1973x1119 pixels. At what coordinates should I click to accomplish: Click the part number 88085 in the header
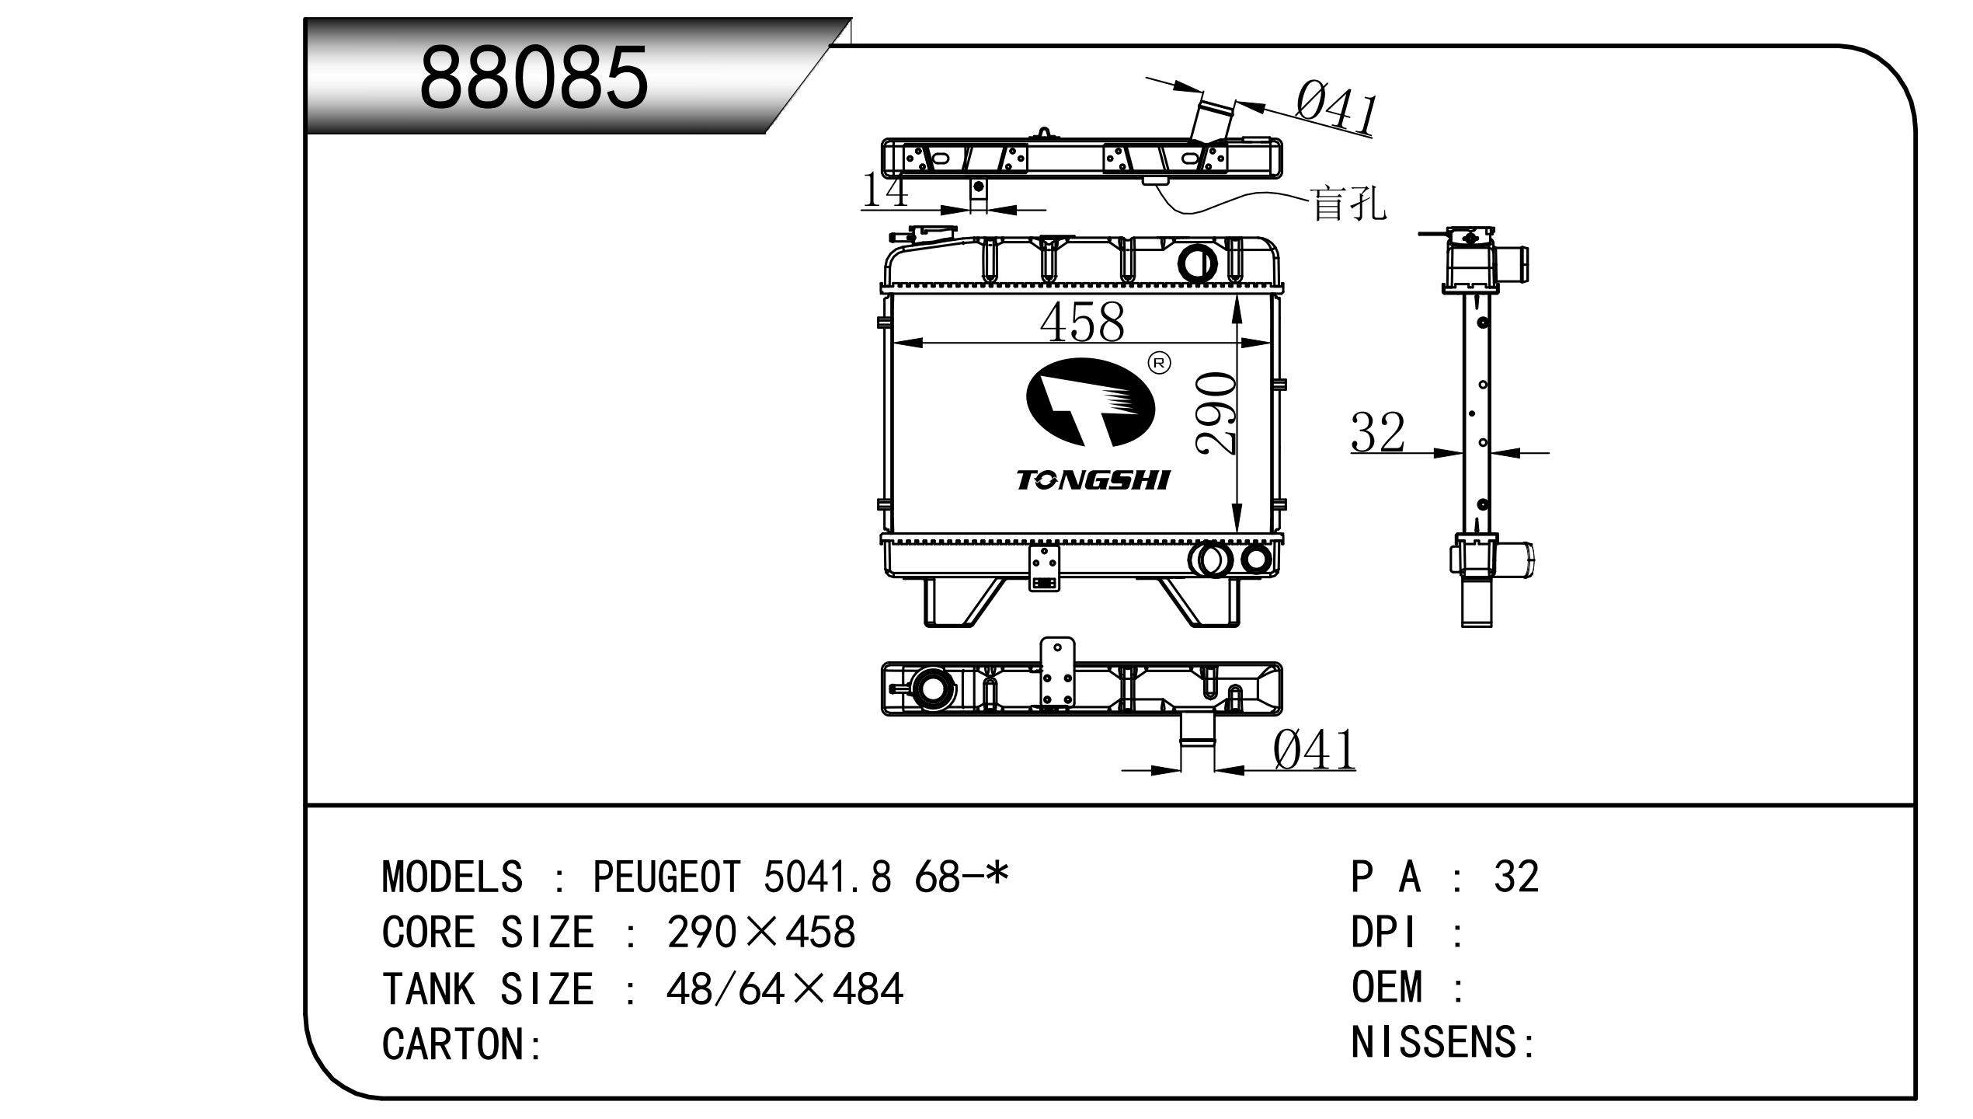coord(534,78)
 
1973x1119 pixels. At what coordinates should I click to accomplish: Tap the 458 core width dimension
coord(1081,322)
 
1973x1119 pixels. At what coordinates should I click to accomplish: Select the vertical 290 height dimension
coord(1216,413)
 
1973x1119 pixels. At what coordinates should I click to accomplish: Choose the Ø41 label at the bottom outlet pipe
coord(1314,751)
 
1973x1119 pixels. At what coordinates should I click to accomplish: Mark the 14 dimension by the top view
coord(886,190)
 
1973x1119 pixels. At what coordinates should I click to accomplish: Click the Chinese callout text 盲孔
coord(1348,204)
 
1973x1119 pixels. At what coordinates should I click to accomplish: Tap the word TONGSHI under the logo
coord(1092,481)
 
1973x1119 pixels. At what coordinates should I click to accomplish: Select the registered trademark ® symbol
coord(1159,363)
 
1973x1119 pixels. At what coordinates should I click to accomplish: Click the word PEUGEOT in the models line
coord(666,877)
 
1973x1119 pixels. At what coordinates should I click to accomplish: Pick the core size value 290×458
coord(760,932)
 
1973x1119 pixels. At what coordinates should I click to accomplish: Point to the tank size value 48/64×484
coord(785,989)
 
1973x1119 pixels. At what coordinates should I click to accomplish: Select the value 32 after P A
coord(1515,877)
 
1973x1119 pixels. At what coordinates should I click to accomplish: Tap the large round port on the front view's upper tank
coord(1197,263)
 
